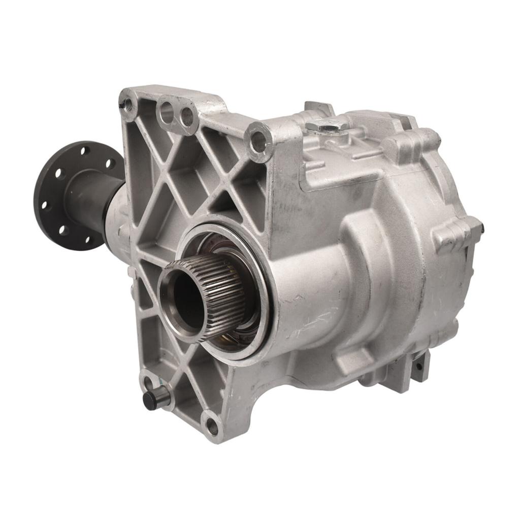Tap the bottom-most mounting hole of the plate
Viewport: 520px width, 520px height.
[213, 427]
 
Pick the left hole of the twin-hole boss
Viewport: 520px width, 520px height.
[167, 113]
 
